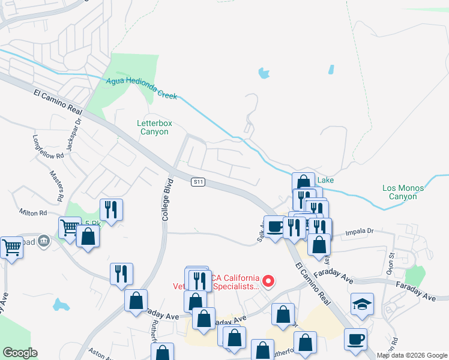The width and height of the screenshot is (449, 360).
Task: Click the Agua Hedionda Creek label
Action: point(142,88)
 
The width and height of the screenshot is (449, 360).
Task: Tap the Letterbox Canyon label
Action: point(154,127)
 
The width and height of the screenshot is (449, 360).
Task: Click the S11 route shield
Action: point(199,182)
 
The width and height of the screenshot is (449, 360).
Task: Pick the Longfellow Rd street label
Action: point(47,147)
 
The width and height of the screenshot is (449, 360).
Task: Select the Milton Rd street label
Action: point(33,213)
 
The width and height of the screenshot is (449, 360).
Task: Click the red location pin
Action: point(270,280)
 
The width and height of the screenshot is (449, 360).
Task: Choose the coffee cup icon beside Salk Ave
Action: point(275,227)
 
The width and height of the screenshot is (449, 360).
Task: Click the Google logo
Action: point(20,353)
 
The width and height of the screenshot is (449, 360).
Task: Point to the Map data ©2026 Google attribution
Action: point(411,355)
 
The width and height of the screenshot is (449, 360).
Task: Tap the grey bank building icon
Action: point(43,241)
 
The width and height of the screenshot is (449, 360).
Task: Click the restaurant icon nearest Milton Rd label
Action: point(111,209)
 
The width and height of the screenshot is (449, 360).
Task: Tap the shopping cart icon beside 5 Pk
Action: point(70,227)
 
